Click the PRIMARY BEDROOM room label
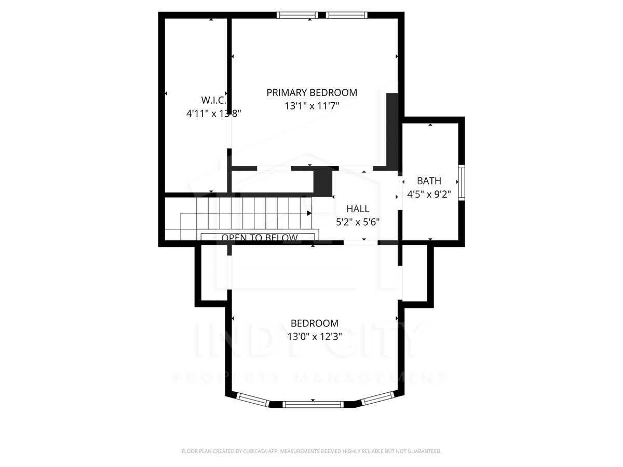311,93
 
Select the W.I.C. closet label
213,100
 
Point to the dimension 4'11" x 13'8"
213,113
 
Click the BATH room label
429,181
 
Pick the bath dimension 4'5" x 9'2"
429,195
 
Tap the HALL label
358,209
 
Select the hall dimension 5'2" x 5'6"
358,222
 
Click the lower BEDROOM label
314,323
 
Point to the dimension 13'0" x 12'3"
314,336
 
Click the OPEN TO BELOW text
260,238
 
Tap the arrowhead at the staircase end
309,213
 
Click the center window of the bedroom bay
314,404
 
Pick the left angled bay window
253,399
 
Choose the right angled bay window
378,399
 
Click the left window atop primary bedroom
297,15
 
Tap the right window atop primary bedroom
347,15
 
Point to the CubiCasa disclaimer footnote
311,451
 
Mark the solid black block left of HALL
323,182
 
